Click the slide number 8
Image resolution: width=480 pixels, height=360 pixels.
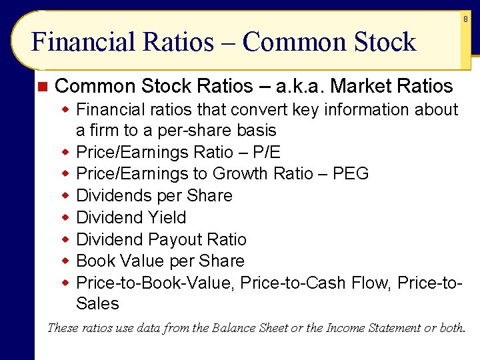coord(466,20)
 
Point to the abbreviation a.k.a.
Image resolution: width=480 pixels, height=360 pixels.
coord(301,87)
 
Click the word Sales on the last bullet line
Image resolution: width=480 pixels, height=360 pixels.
coord(98,304)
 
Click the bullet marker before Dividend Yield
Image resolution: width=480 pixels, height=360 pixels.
coord(66,218)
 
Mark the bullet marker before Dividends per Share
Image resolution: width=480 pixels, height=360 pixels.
coord(66,196)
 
